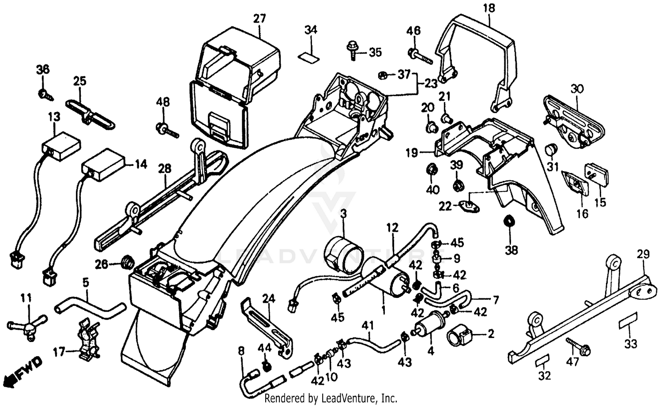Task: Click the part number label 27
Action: tap(260, 19)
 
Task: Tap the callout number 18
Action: tap(489, 8)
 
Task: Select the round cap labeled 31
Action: tap(550, 150)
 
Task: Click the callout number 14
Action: tap(140, 164)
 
